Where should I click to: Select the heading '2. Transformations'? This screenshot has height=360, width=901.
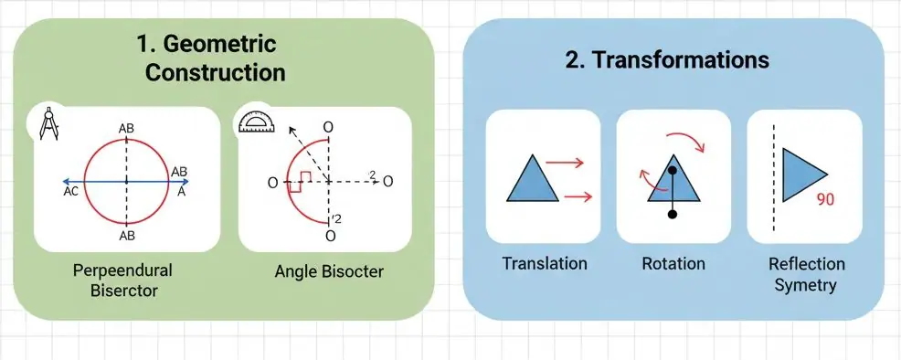click(x=667, y=59)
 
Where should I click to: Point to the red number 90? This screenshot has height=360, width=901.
click(x=824, y=200)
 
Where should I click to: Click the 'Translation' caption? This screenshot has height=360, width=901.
click(x=544, y=263)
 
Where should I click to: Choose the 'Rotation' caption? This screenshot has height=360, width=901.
click(x=673, y=263)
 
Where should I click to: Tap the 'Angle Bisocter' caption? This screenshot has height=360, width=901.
click(x=329, y=271)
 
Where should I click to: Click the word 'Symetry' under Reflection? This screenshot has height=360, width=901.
click(x=806, y=285)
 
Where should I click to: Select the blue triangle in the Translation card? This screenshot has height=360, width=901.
click(x=532, y=181)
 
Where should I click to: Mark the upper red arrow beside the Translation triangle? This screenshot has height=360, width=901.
click(x=565, y=164)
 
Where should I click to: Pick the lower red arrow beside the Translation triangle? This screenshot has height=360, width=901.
click(x=578, y=197)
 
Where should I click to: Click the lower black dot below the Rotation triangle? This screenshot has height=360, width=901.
click(x=673, y=215)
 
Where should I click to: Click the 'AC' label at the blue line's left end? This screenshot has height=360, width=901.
click(x=71, y=193)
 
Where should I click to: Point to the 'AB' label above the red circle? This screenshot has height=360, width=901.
click(x=126, y=129)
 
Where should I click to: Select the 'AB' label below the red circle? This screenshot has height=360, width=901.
click(x=126, y=236)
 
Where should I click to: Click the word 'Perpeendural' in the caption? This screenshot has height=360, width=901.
click(x=122, y=270)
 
